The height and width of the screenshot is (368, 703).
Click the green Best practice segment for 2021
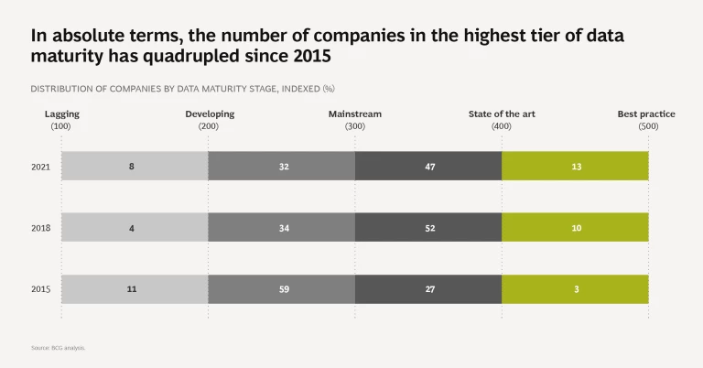(x=575, y=166)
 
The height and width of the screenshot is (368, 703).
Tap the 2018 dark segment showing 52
(x=428, y=227)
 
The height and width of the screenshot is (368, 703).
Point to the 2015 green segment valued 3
(x=575, y=289)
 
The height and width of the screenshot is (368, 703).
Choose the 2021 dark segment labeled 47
(x=428, y=166)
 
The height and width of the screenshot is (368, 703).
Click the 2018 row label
(x=40, y=227)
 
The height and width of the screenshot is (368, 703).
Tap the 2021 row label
(x=40, y=166)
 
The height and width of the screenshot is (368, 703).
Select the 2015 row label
(x=40, y=289)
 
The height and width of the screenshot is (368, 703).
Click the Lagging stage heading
(x=61, y=114)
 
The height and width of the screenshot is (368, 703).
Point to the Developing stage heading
(x=210, y=114)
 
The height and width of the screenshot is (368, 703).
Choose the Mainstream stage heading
(x=355, y=114)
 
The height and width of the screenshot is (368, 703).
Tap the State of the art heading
(x=502, y=114)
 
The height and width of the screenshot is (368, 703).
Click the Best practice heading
(x=646, y=114)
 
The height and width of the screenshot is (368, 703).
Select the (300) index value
(x=355, y=126)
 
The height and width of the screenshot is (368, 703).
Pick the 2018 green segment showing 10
(x=575, y=227)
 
